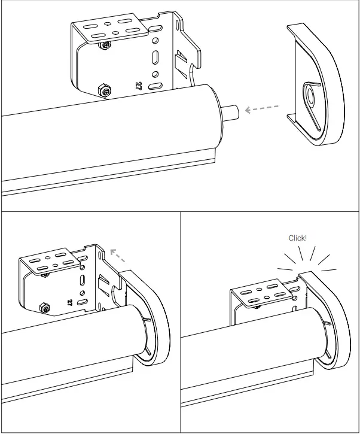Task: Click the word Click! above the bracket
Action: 297,238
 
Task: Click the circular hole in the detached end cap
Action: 311,96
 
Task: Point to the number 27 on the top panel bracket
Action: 139,86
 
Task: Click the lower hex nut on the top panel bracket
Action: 103,91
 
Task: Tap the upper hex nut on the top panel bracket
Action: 106,46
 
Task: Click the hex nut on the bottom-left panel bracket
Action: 45,307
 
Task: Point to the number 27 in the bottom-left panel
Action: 71,302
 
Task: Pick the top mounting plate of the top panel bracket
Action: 108,30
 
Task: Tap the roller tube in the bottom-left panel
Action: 72,347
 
